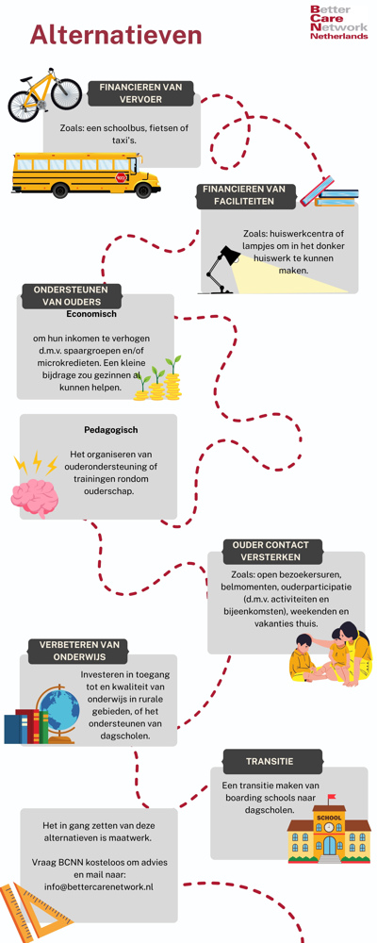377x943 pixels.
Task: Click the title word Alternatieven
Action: [x=116, y=34]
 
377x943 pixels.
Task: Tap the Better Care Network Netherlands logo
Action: [x=338, y=23]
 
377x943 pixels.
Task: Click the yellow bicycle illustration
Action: [x=44, y=94]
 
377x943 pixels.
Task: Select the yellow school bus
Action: [x=86, y=175]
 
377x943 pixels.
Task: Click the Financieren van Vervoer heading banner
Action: [x=140, y=93]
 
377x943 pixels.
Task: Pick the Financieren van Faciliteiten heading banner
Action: [x=247, y=195]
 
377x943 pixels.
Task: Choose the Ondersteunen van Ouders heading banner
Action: [x=72, y=295]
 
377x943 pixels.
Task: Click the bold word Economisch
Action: [x=91, y=313]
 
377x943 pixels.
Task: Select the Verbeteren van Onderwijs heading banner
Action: [x=79, y=650]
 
